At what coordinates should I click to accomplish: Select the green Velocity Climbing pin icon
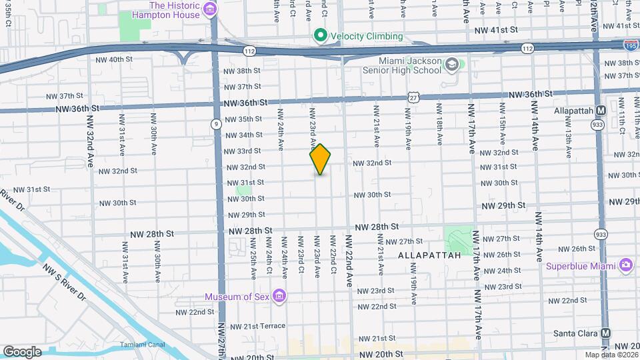(321, 35)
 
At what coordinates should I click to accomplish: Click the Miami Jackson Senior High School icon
(453, 65)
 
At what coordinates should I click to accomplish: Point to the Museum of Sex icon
(280, 296)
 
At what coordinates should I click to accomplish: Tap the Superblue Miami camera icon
(625, 266)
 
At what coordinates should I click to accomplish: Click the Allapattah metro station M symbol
(601, 110)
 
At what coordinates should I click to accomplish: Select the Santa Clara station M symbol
(606, 333)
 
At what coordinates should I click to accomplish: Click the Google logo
(22, 351)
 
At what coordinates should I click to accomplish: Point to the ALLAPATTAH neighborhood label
(430, 255)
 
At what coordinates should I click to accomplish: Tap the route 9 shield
(217, 124)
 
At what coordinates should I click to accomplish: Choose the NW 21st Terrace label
(256, 326)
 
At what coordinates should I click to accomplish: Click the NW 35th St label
(243, 119)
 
